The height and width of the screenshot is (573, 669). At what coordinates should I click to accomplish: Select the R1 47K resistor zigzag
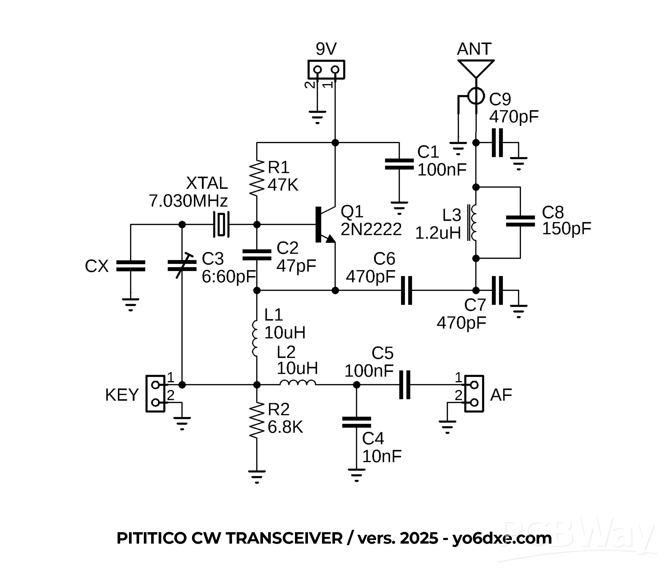pos(257,178)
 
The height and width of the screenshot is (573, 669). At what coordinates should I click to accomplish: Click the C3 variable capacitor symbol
pos(182,266)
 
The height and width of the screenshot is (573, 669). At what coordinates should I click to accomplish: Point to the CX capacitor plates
pos(130,266)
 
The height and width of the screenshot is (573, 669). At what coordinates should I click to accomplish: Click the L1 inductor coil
pos(255,339)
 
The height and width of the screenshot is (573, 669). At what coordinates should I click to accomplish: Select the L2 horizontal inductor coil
pos(298,383)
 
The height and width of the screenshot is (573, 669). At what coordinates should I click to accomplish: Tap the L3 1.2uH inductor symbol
pos(474,223)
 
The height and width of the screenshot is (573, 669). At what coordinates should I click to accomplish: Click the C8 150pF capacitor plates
pos(520,221)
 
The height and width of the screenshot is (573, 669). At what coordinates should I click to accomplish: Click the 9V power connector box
pos(326,69)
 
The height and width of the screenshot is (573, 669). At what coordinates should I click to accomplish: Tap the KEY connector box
pos(156,394)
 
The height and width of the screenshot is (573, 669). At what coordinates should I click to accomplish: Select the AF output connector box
pos(474,394)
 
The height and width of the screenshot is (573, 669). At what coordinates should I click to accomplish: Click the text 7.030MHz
pos(188,201)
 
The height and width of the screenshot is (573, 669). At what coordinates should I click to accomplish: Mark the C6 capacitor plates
pos(407,290)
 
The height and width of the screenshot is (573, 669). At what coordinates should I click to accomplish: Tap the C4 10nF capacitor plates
pos(356,423)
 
